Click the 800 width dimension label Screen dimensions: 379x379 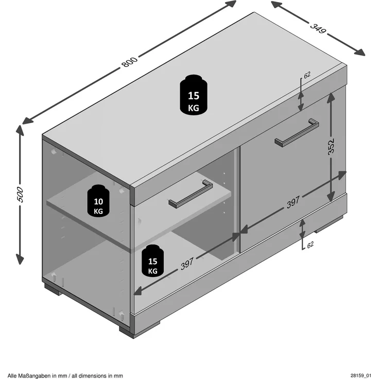129,62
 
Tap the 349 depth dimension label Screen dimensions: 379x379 318,28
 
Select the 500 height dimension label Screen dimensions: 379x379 20,194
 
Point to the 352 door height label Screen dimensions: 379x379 331,146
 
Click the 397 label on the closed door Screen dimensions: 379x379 293,202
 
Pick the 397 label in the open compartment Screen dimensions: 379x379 187,264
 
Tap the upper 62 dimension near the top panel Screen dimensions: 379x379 307,75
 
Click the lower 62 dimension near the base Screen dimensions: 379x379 310,245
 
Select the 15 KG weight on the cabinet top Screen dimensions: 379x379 194,95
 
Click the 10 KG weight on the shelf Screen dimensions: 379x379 98,201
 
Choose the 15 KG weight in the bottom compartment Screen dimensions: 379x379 152,261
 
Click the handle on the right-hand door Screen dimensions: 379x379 297,132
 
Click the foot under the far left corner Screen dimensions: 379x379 52,289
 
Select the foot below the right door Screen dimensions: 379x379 329,225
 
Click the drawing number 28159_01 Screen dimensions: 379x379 361,375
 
